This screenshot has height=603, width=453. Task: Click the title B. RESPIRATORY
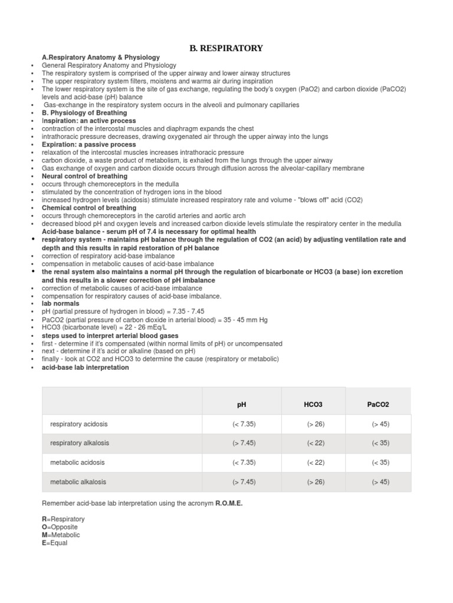pos(226,48)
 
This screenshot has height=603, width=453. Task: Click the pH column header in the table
pos(242,405)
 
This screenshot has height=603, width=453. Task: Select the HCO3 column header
pos(313,405)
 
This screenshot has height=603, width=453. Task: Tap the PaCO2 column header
pos(378,405)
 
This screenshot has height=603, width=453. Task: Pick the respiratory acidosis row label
pos(79,424)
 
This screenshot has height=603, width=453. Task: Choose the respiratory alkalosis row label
pos(80,443)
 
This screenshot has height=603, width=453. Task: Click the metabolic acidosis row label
pos(77,462)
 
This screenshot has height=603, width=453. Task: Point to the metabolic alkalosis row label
pos(78,482)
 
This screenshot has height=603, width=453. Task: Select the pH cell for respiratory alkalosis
pos(244,443)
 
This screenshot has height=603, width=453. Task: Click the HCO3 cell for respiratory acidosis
pos(316,424)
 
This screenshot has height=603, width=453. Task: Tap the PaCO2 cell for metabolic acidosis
pos(380,462)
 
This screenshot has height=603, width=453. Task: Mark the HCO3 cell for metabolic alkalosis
pos(316,482)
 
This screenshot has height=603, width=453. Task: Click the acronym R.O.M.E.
pos(229,503)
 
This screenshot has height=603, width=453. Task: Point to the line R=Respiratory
pos(63,519)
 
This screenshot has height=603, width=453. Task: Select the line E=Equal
pos(55,543)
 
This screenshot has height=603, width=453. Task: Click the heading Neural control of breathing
pos(84,176)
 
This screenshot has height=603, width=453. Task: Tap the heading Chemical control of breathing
pos(89,208)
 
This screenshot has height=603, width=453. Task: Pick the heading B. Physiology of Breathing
pos(84,112)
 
